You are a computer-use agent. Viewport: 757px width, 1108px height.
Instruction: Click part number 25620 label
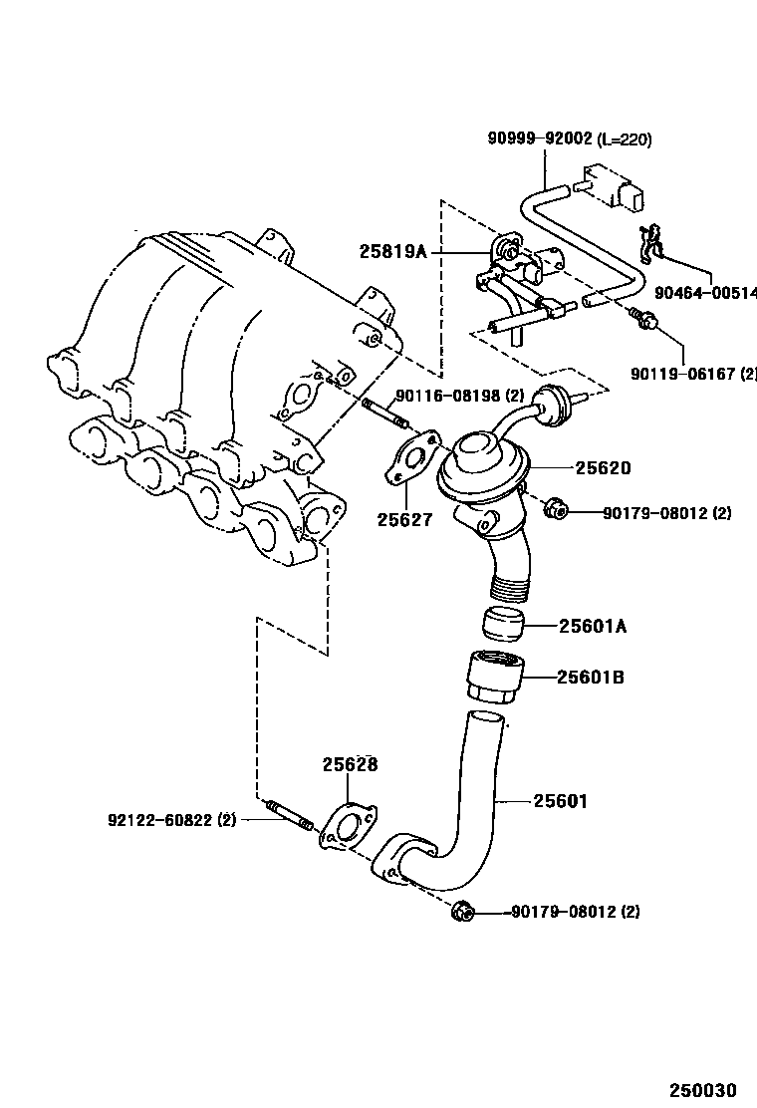coord(601,467)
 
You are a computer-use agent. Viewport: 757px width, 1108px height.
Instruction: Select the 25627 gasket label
coord(404,519)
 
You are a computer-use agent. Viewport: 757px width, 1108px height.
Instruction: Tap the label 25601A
coord(592,626)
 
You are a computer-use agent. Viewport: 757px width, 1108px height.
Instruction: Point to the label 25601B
coord(591,678)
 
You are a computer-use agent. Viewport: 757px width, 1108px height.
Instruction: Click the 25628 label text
coord(350,765)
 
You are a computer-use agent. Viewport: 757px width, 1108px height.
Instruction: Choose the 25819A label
coord(392,253)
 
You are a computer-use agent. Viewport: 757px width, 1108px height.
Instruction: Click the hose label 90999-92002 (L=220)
coord(569,139)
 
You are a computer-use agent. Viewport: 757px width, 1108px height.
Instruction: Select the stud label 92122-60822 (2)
coord(171,820)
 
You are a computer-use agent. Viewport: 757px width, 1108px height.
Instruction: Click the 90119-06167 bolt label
coord(693,374)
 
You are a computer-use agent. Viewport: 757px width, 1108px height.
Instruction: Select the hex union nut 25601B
coord(494,677)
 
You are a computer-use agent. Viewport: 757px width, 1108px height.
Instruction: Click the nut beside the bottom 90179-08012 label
coord(461,911)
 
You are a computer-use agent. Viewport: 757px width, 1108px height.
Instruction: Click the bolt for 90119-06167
coord(642,320)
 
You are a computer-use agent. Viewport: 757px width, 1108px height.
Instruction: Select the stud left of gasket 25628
coord(289,813)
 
